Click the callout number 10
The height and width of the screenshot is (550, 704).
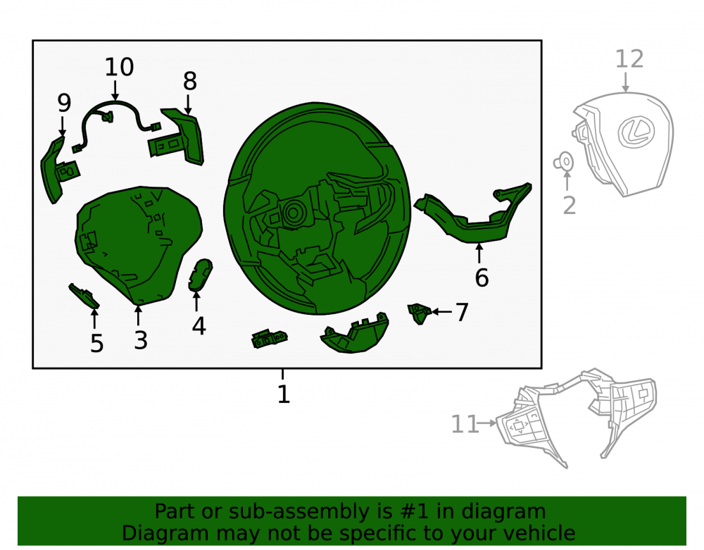119,68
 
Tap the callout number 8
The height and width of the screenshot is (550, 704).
190,81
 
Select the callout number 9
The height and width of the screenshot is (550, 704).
64,103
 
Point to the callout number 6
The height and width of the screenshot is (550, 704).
482,277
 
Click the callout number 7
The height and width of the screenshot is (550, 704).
462,312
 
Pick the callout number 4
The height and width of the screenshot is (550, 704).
199,326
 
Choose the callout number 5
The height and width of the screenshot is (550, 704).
97,343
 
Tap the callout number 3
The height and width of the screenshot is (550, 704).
141,340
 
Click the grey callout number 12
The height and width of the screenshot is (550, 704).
629,59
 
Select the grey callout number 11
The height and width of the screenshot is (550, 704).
464,424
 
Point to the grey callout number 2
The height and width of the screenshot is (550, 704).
570,205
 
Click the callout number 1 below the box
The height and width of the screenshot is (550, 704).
283,394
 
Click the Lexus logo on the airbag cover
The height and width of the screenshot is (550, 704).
636,131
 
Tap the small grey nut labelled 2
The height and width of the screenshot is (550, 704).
564,162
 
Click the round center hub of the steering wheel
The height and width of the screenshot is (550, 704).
293,213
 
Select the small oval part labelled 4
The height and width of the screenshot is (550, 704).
199,275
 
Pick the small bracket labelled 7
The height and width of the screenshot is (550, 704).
419,313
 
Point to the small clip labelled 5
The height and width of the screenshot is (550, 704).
84,296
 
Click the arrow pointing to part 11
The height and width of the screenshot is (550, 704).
488,423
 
